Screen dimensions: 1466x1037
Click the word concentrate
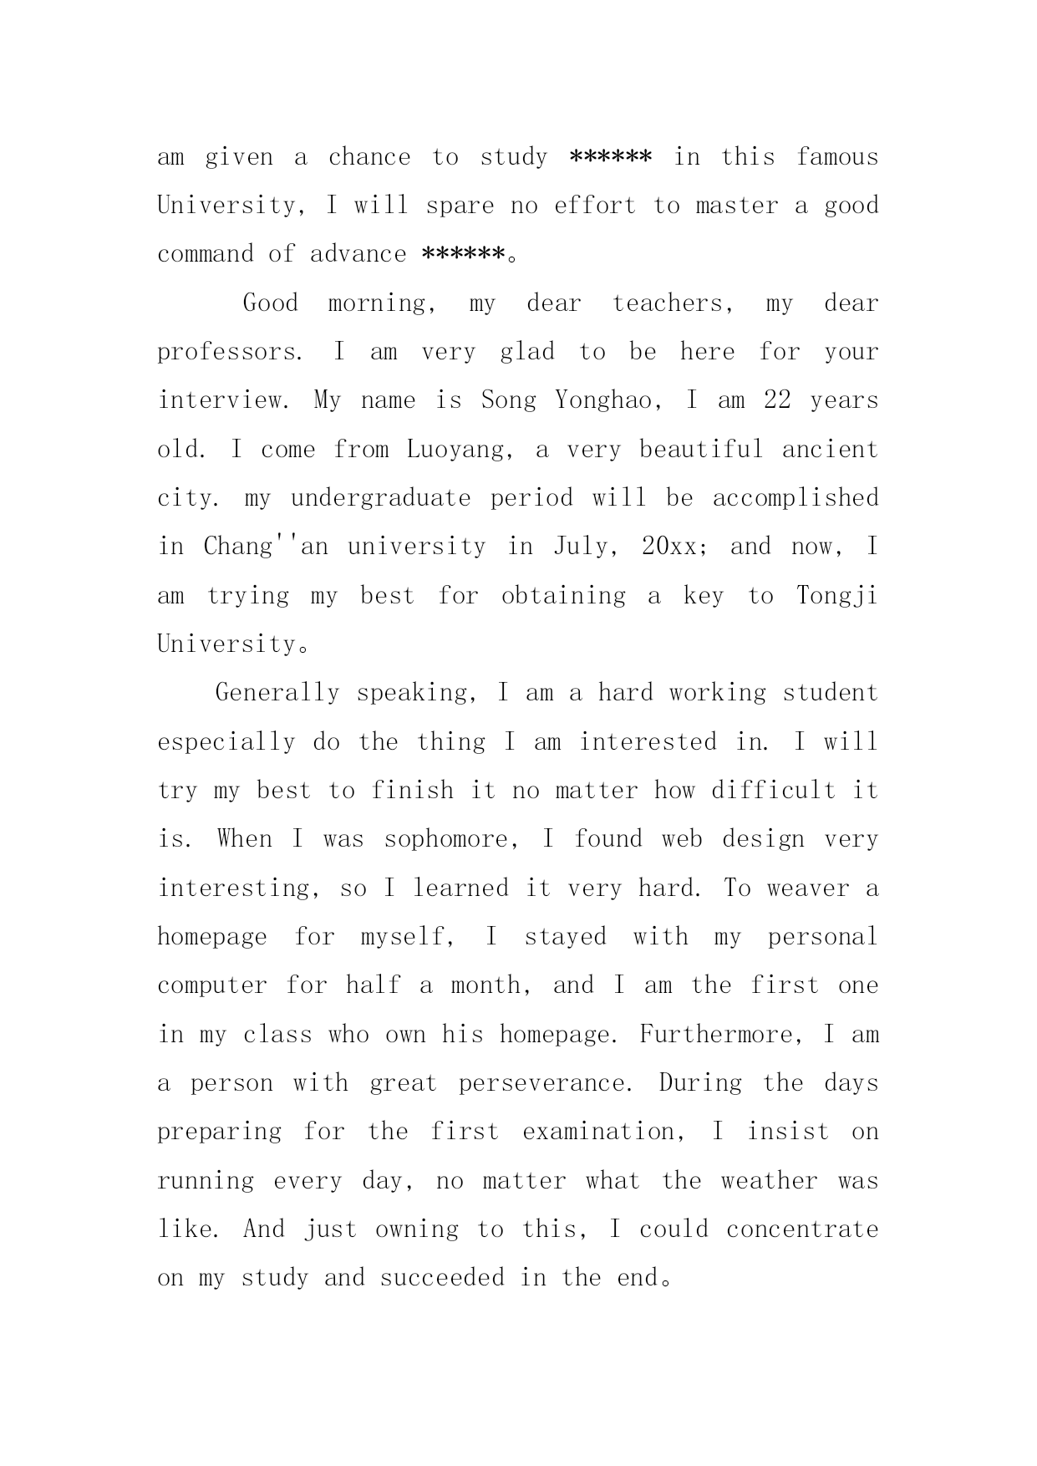coord(802,1229)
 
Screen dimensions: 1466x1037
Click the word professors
coord(230,352)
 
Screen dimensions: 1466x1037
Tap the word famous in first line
coord(837,157)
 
